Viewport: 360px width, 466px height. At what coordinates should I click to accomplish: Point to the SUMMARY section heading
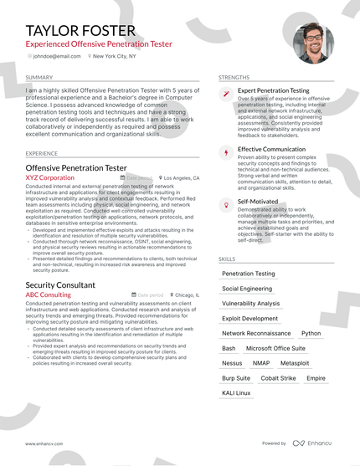click(39, 77)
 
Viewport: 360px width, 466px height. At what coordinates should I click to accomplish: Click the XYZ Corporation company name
click(49, 178)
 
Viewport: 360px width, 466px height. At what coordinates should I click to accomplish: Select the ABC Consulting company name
click(48, 295)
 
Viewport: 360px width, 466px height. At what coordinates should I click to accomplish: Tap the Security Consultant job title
click(60, 285)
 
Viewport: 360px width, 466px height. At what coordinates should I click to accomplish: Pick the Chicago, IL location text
click(187, 295)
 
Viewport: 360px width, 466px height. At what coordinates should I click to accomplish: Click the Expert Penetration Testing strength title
click(273, 90)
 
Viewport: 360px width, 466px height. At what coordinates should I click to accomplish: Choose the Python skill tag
click(311, 333)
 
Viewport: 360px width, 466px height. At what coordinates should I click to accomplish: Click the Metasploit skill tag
click(295, 363)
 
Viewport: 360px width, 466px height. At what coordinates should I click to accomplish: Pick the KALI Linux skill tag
click(236, 393)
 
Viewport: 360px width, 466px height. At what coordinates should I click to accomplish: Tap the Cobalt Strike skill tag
click(278, 378)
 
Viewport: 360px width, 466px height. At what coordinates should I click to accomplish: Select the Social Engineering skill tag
click(247, 289)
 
